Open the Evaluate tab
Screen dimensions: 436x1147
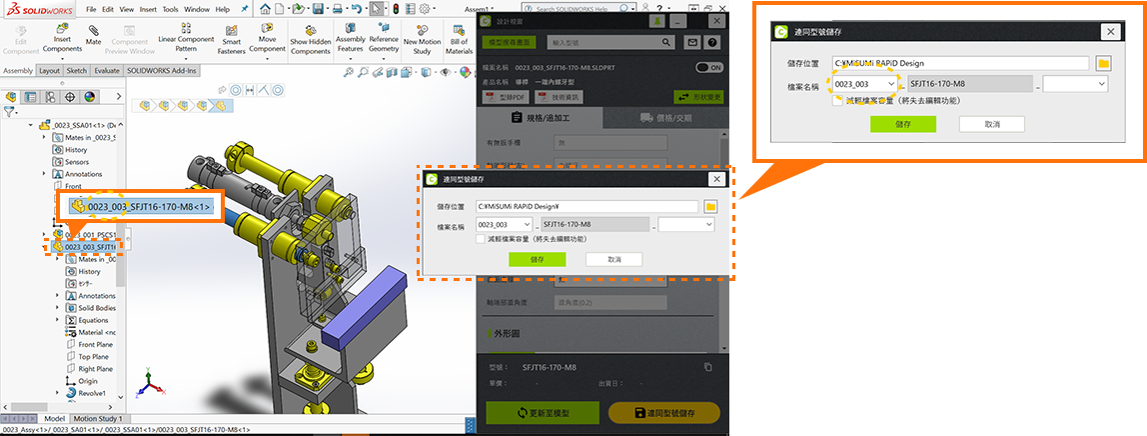107,71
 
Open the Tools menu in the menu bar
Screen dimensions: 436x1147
170,8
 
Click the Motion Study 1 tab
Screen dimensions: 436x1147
99,419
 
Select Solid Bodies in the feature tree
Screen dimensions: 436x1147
96,308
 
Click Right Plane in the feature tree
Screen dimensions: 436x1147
95,369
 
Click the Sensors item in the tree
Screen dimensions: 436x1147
77,162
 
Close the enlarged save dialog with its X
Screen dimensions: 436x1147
1109,31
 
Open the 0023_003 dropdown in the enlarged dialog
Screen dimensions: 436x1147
889,85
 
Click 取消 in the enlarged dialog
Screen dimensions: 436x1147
991,124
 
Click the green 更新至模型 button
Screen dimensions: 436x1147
543,413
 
